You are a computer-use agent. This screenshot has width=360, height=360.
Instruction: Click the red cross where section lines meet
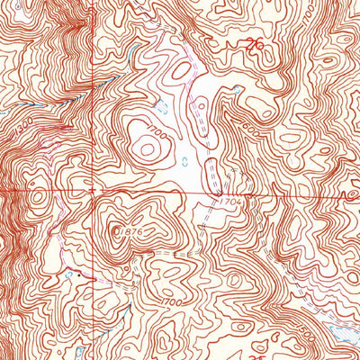(x=94, y=191)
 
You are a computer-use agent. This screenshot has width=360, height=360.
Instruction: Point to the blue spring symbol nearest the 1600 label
(x=236, y=90)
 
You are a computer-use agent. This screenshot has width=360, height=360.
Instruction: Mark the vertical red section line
(x=94, y=90)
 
